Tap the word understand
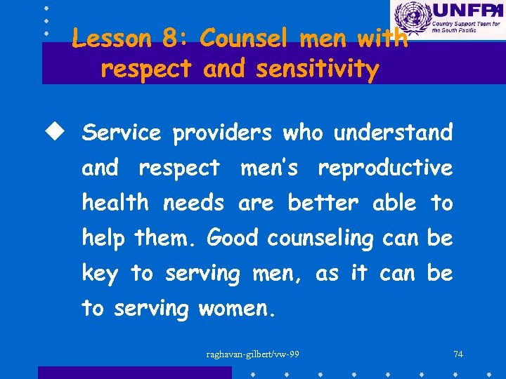(x=393, y=133)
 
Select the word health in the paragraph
(x=115, y=204)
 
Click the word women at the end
(x=236, y=309)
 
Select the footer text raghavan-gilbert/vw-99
(x=252, y=354)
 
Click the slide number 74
(x=458, y=354)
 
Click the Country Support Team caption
(x=466, y=29)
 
